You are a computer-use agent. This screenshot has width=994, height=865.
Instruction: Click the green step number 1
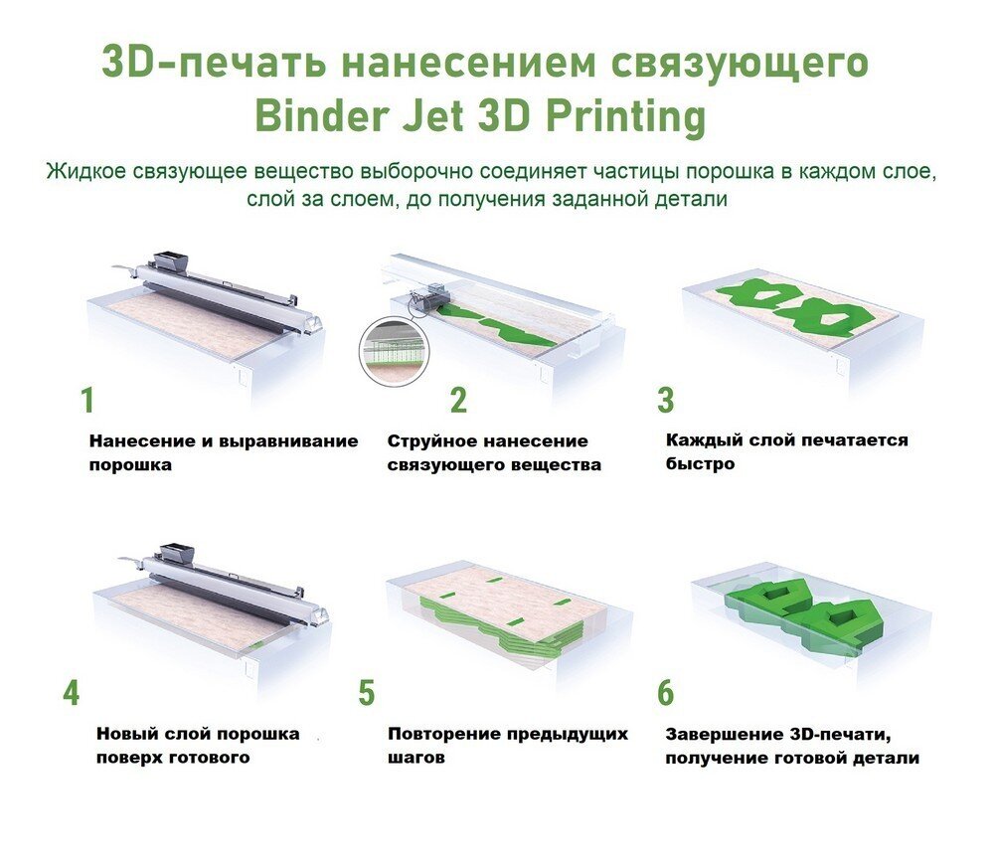click(87, 400)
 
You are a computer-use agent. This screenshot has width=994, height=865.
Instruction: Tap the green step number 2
click(458, 400)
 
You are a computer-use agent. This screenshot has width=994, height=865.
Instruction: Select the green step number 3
click(666, 400)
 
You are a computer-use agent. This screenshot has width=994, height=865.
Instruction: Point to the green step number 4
click(71, 692)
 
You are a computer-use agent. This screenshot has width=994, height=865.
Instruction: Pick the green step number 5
click(367, 692)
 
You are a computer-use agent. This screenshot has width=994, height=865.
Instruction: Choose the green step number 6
click(665, 692)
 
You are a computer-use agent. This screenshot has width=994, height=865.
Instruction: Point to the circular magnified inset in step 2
click(394, 351)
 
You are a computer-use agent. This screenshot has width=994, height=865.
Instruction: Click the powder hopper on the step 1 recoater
click(171, 260)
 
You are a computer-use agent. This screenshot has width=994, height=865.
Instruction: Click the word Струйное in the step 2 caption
click(427, 441)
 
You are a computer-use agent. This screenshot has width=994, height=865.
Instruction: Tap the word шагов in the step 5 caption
click(415, 758)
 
